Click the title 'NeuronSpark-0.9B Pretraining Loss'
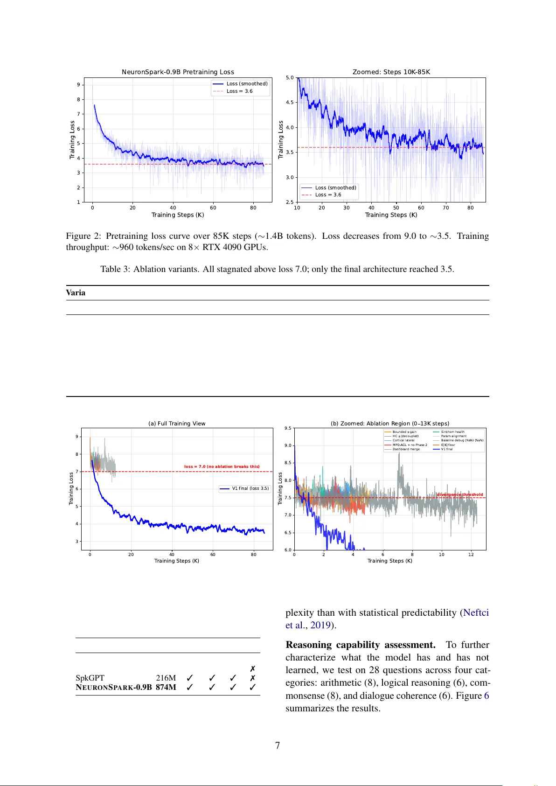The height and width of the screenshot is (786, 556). click(178, 72)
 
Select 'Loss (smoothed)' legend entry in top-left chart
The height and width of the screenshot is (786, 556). click(247, 84)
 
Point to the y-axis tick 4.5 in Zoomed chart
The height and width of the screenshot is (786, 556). click(290, 102)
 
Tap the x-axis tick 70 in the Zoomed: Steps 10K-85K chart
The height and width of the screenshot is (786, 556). click(446, 208)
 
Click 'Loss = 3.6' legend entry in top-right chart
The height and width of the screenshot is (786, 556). click(328, 195)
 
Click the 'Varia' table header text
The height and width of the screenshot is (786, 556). click(76, 293)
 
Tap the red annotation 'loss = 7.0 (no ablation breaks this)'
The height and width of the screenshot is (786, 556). click(222, 466)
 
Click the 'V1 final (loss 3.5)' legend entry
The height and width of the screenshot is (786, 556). click(250, 488)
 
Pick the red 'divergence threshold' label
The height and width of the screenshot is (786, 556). click(460, 494)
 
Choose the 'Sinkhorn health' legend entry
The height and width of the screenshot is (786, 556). click(452, 432)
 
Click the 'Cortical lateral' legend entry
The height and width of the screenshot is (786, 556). click(403, 440)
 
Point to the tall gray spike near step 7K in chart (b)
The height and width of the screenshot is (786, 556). click(399, 459)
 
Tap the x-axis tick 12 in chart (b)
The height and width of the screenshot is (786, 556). click(471, 555)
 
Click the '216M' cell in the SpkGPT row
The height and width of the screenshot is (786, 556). click(166, 678)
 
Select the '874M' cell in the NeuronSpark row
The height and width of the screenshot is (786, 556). click(166, 687)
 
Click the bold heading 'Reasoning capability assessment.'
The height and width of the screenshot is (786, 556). click(360, 645)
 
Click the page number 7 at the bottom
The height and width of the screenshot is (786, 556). click(278, 745)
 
